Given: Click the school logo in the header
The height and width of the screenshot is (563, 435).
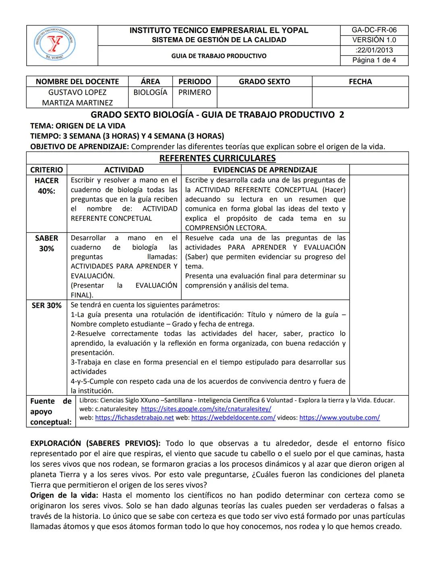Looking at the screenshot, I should [x=54, y=44].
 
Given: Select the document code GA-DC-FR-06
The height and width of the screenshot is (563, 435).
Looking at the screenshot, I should [x=374, y=30].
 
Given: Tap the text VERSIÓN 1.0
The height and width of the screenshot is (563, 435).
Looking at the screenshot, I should [x=374, y=40].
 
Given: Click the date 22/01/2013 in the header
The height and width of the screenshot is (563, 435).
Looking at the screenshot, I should [x=374, y=50].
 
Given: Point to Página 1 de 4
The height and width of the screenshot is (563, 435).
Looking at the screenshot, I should [x=374, y=60].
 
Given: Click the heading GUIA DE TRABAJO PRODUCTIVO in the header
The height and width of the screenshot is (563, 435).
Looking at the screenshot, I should [x=219, y=56].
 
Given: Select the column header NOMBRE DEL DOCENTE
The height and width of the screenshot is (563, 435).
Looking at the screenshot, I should [x=77, y=81].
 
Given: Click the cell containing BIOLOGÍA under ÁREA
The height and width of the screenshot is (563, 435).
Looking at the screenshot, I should [x=150, y=92].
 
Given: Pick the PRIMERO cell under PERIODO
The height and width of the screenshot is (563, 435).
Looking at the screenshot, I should [x=195, y=92].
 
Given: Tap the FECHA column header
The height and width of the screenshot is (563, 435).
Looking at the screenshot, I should [x=360, y=81].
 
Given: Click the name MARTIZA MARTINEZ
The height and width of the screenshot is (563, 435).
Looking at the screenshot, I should [x=77, y=103].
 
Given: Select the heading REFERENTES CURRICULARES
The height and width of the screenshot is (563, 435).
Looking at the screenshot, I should [x=217, y=158].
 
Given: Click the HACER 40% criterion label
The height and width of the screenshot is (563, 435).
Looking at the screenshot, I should [x=47, y=185].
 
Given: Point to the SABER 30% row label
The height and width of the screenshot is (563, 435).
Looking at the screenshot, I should [x=47, y=243].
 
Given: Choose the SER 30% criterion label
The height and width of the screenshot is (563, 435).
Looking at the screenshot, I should [x=47, y=305].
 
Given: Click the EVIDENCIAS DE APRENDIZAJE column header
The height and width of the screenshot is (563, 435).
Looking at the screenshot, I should [x=265, y=170].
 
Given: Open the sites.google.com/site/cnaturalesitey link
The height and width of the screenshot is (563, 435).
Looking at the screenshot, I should [x=206, y=409].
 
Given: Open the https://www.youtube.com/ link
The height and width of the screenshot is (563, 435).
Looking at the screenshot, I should [x=339, y=418].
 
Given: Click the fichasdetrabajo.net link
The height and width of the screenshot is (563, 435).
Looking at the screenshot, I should [x=134, y=418].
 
